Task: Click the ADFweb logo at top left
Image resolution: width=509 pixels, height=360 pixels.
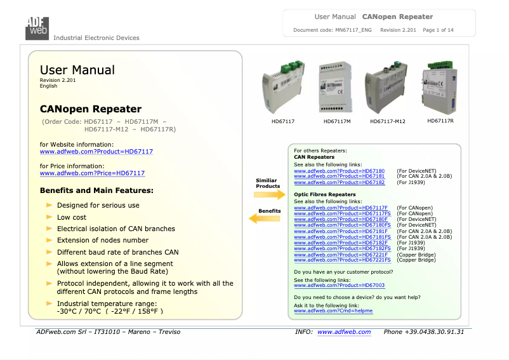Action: [37, 26]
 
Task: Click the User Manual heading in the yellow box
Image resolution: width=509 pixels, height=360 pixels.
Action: [77, 70]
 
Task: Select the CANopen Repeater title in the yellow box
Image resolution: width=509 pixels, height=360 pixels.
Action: [90, 109]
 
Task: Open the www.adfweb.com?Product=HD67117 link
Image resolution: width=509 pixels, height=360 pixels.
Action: [96, 152]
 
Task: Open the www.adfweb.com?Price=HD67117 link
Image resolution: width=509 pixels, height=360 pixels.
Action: [92, 173]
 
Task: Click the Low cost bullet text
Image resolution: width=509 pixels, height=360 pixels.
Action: [72, 217]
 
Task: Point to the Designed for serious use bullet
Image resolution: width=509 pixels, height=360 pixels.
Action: [98, 206]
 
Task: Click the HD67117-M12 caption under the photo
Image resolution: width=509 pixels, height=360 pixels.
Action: [387, 121]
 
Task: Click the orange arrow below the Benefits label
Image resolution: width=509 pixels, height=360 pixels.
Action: [265, 218]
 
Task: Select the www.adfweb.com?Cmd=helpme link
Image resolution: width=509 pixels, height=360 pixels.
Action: [333, 310]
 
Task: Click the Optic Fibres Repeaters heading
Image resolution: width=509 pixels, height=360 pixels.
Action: [325, 194]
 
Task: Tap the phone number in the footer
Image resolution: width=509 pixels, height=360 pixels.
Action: [424, 332]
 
